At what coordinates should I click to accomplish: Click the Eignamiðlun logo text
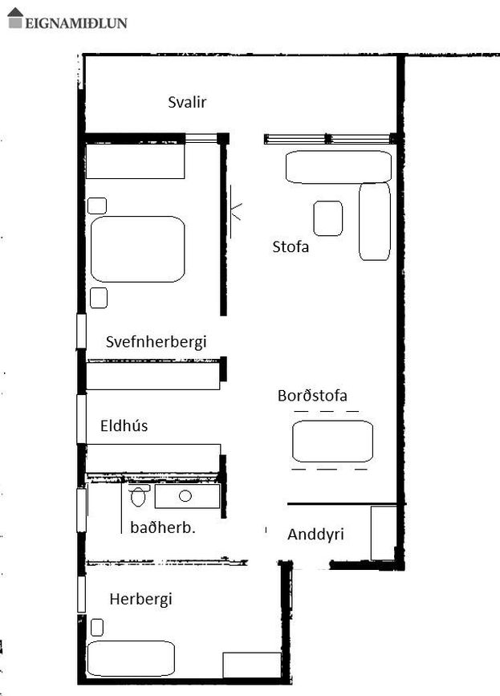76,22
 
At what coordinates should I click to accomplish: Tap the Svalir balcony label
188,102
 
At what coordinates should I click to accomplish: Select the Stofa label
291,246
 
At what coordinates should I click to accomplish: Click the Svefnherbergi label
157,342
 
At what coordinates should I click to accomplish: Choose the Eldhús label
124,425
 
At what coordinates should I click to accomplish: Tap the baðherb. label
164,527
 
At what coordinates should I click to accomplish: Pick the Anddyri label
316,534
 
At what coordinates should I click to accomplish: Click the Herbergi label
141,599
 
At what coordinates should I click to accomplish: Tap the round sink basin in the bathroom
185,495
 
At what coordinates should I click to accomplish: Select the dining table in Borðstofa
332,441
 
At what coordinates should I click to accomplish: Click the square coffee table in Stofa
327,218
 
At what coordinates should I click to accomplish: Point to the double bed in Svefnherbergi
137,249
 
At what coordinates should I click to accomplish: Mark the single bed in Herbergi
131,658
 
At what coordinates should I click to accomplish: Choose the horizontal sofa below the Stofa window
338,166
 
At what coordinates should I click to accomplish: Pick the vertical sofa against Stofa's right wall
374,222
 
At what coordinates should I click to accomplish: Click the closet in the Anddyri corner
383,533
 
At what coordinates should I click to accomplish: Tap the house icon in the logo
15,18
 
